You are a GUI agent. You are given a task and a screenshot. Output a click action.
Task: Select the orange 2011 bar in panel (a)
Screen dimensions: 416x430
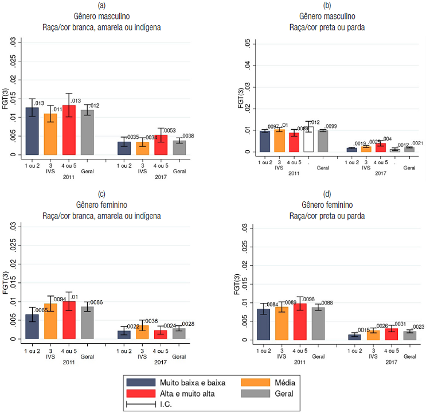pyautogui.click(x=50, y=134)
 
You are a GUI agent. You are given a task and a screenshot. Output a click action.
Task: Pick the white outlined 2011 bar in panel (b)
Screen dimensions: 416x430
pyautogui.click(x=308, y=140)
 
